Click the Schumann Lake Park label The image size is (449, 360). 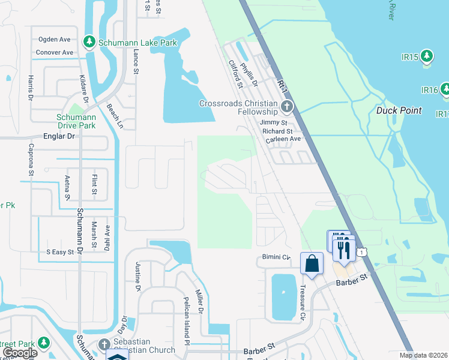coord(138,43)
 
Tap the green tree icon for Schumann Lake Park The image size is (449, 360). coord(90,41)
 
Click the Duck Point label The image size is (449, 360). coord(399,110)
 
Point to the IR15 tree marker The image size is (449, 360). coord(427,56)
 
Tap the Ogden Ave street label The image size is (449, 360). coord(55,40)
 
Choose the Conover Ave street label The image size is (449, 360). coord(55,53)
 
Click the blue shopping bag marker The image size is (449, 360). coord(312,263)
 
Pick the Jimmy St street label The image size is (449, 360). coord(274,122)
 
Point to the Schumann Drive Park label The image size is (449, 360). coord(76,121)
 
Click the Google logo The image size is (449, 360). coord(20,353)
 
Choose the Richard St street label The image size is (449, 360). coord(277,131)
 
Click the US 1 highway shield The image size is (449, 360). coord(361,253)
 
